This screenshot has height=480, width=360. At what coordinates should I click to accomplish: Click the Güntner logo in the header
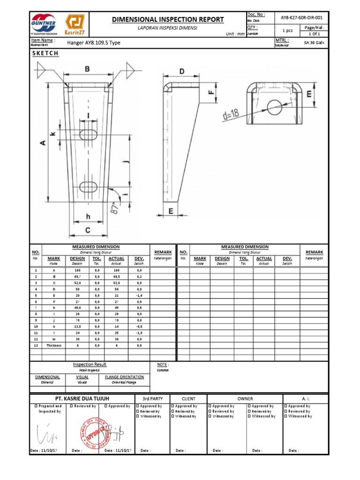click(x=44, y=24)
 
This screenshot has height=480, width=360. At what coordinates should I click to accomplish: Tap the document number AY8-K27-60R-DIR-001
click(x=301, y=17)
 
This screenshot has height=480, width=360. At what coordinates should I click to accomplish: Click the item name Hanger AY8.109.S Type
click(x=94, y=43)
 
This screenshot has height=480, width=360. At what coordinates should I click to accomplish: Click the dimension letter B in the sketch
click(x=87, y=69)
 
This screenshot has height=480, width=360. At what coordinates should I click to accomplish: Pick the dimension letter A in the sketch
click(x=43, y=142)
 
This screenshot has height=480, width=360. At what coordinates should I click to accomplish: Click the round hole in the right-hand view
click(x=274, y=106)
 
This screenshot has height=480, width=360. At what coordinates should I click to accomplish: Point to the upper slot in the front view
click(x=88, y=135)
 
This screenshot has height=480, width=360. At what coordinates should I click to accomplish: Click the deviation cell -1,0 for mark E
click(x=139, y=296)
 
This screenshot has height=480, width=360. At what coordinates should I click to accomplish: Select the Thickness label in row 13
click(x=54, y=345)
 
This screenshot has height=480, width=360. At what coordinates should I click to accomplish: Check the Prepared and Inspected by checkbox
click(x=36, y=406)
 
